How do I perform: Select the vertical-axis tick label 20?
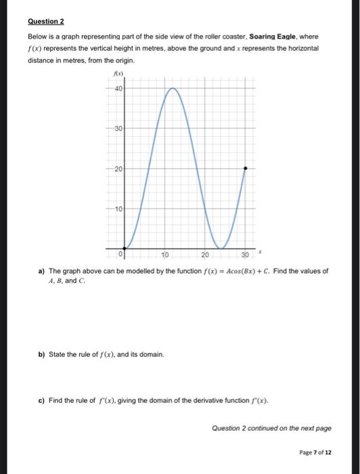[x=118, y=168]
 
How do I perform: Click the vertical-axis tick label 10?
[x=118, y=209]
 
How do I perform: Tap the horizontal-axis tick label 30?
[x=246, y=255]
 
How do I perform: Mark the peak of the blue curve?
[x=173, y=88]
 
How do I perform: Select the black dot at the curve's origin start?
[x=123, y=249]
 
